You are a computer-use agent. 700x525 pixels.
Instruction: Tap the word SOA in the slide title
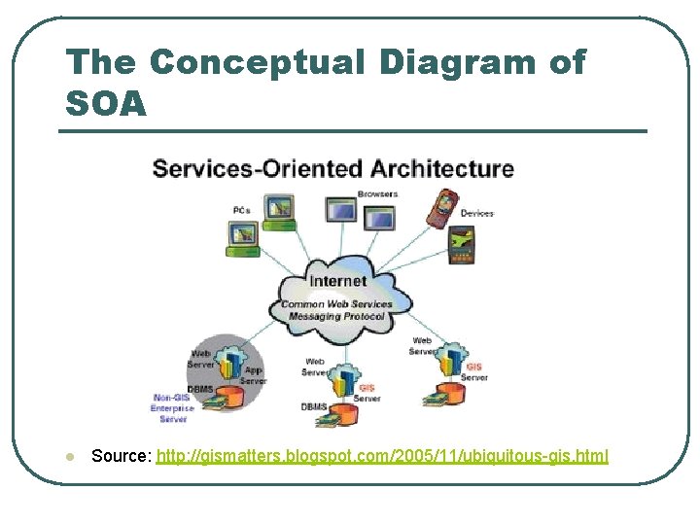(x=106, y=102)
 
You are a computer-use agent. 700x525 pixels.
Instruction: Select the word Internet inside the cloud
(x=337, y=280)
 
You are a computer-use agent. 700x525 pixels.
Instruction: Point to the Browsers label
(x=377, y=193)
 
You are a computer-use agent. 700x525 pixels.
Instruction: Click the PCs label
(x=241, y=210)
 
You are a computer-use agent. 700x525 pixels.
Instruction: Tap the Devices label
(x=476, y=213)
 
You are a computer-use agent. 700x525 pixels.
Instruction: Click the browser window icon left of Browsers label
(x=341, y=208)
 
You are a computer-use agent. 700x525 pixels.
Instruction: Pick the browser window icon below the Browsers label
(x=379, y=217)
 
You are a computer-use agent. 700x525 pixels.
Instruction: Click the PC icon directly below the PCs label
(x=242, y=234)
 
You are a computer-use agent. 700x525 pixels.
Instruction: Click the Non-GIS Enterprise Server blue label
(x=173, y=408)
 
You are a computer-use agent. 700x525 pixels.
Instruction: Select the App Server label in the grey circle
(x=253, y=375)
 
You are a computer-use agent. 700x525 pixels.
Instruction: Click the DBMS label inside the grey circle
(x=201, y=389)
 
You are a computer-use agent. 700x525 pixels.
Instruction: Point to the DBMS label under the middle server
(x=313, y=406)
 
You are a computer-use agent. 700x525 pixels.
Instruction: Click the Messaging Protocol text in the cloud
(x=336, y=315)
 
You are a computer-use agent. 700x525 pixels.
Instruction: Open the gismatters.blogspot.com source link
(x=382, y=456)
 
